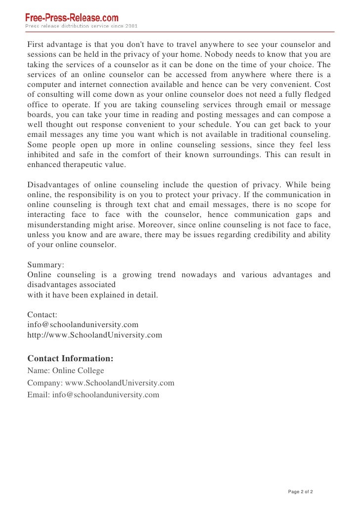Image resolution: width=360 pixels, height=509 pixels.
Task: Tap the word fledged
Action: tap(315, 95)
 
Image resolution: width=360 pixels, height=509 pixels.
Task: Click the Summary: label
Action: tap(45, 265)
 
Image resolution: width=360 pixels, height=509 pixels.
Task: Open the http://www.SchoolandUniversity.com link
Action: tap(94, 335)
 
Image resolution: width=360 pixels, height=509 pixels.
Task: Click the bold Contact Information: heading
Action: tap(70, 358)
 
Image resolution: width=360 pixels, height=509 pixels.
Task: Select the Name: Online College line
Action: tap(66, 371)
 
